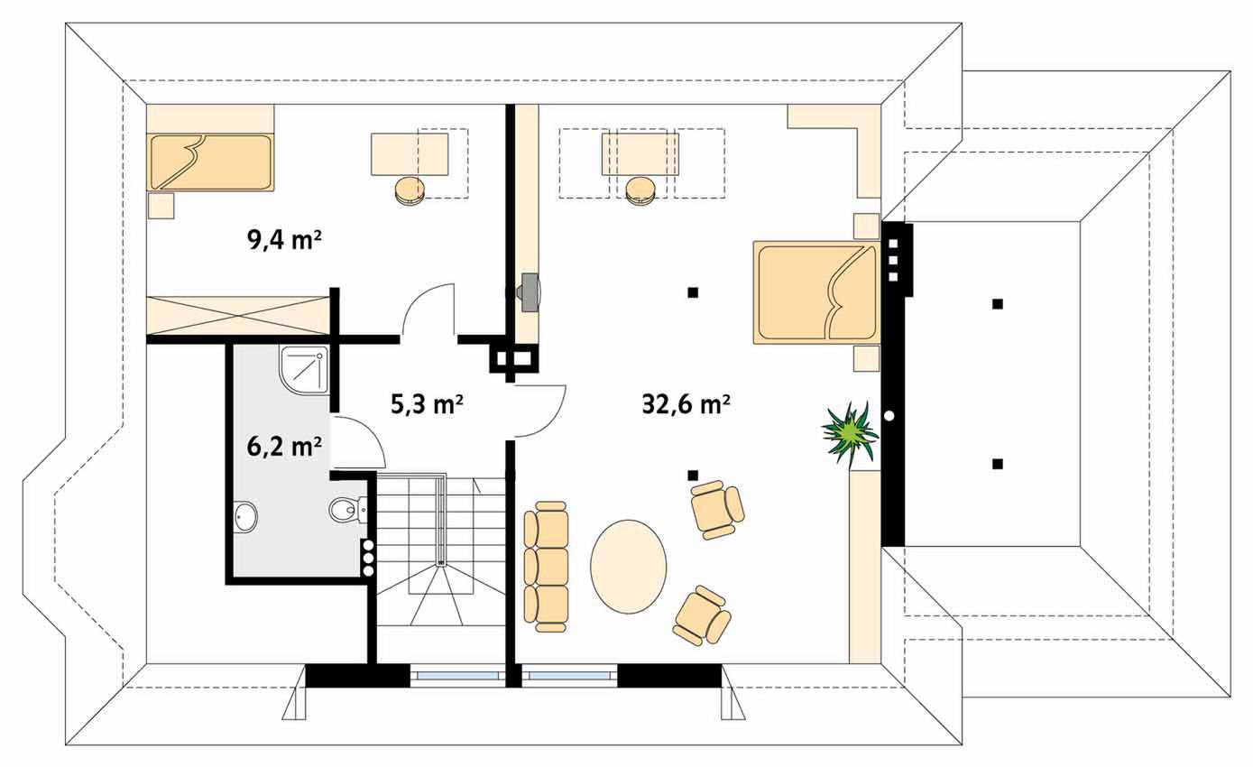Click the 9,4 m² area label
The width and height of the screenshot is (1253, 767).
click(x=284, y=241)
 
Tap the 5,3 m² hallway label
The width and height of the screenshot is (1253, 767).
click(x=427, y=404)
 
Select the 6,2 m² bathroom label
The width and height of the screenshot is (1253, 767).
click(x=284, y=447)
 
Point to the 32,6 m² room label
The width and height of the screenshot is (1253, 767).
click(x=686, y=404)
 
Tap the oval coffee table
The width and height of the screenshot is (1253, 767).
click(x=628, y=566)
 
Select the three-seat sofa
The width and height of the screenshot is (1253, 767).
click(x=546, y=566)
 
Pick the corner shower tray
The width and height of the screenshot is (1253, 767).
click(x=304, y=370)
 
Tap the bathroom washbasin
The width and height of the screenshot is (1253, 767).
click(x=244, y=517)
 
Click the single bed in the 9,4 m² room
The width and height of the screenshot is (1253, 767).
click(x=210, y=162)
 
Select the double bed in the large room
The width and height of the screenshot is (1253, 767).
click(x=816, y=291)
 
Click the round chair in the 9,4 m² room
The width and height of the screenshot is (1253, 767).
click(x=410, y=192)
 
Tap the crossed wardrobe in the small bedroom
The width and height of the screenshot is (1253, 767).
click(x=238, y=316)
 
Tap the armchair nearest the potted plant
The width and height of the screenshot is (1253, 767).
click(x=717, y=510)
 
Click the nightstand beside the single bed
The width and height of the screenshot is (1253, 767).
click(x=161, y=206)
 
